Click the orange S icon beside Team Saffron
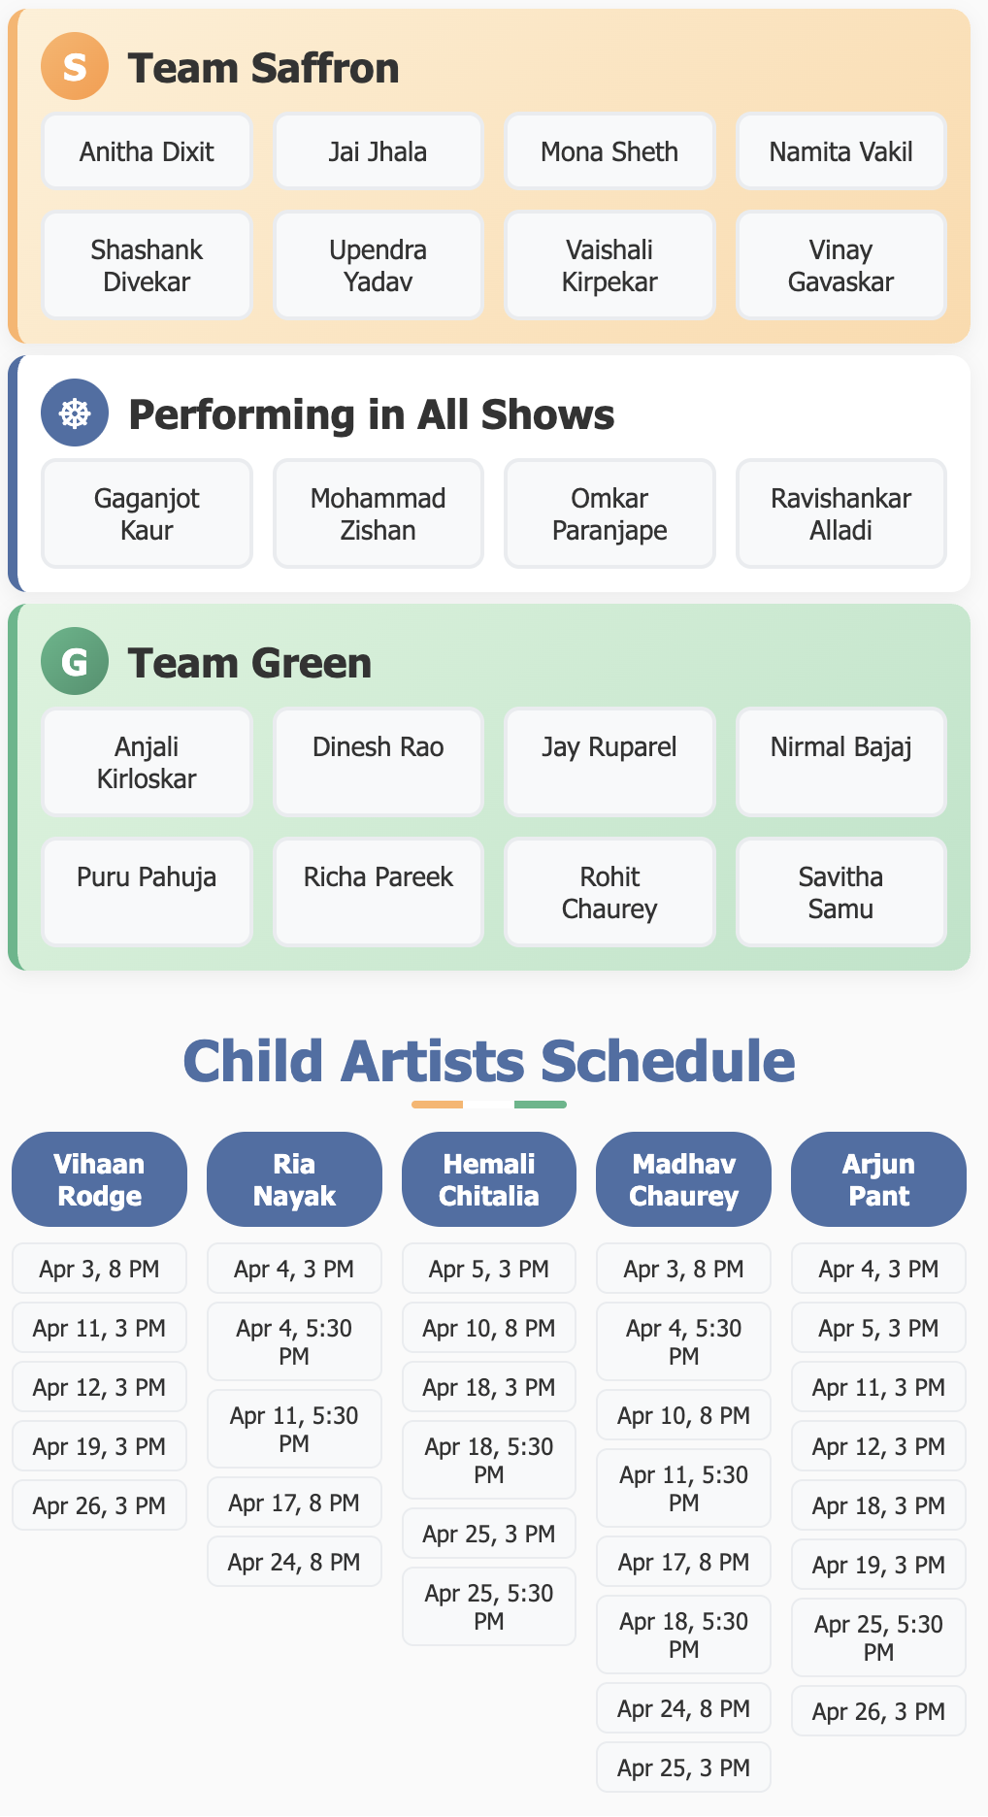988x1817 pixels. click(75, 67)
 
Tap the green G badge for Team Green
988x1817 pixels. click(75, 662)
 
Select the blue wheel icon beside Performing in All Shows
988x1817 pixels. click(75, 413)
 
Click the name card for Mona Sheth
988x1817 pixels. click(609, 151)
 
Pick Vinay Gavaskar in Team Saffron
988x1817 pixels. click(840, 265)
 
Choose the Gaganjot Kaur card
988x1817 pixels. click(147, 513)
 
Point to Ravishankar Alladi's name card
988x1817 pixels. click(840, 513)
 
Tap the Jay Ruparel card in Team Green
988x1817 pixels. click(609, 762)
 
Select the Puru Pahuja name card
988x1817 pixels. click(147, 892)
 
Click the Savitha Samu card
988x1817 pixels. click(840, 892)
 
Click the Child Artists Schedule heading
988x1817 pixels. click(489, 1061)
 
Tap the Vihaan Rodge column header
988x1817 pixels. click(99, 1179)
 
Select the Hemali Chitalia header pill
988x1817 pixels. click(488, 1179)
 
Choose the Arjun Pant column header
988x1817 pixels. click(878, 1179)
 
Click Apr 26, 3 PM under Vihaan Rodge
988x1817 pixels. click(99, 1505)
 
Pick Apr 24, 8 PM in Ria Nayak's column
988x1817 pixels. click(294, 1562)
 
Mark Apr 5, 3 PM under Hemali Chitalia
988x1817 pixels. click(488, 1269)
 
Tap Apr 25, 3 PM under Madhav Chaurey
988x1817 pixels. click(683, 1767)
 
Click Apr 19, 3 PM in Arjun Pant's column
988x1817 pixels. click(878, 1565)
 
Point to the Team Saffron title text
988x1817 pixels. click(263, 68)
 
